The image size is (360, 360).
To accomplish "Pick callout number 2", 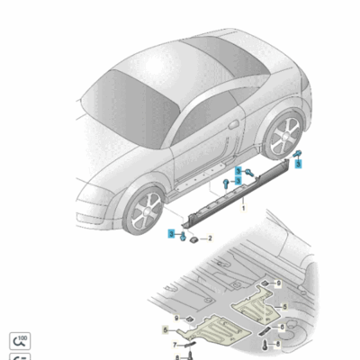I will pyautogui.click(x=210, y=238).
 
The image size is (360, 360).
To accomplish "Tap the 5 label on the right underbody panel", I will pyautogui.click(x=285, y=308).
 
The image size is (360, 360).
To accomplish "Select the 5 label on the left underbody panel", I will pyautogui.click(x=165, y=330).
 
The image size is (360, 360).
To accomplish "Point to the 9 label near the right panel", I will pyautogui.click(x=278, y=283).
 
